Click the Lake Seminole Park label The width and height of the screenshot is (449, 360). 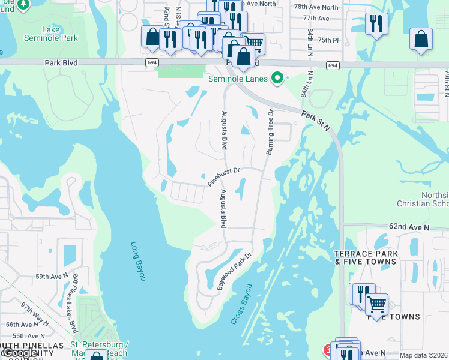[59, 33]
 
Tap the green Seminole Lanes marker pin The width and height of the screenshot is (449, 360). [277, 79]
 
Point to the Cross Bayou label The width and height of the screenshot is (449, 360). [241, 304]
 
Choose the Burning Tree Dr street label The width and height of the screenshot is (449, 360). [270, 132]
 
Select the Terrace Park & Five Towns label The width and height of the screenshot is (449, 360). [366, 258]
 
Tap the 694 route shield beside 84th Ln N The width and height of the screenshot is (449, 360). [333, 65]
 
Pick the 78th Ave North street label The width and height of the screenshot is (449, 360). [316, 7]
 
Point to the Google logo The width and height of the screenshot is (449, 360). [20, 353]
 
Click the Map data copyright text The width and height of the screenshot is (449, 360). [424, 355]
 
